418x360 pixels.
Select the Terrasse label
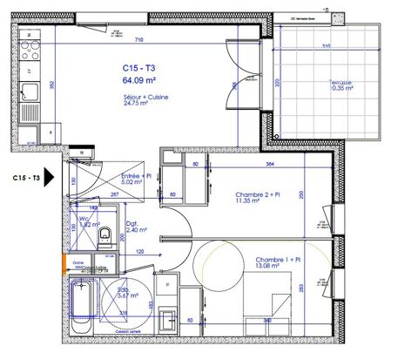(x=315, y=82)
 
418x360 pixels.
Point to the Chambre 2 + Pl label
(x=261, y=195)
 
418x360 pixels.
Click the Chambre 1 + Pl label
(x=278, y=260)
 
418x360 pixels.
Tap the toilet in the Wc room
(x=104, y=236)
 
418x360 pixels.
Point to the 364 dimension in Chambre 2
(x=271, y=164)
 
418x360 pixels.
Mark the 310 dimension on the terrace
(x=325, y=46)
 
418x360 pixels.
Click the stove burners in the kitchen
(x=29, y=41)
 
